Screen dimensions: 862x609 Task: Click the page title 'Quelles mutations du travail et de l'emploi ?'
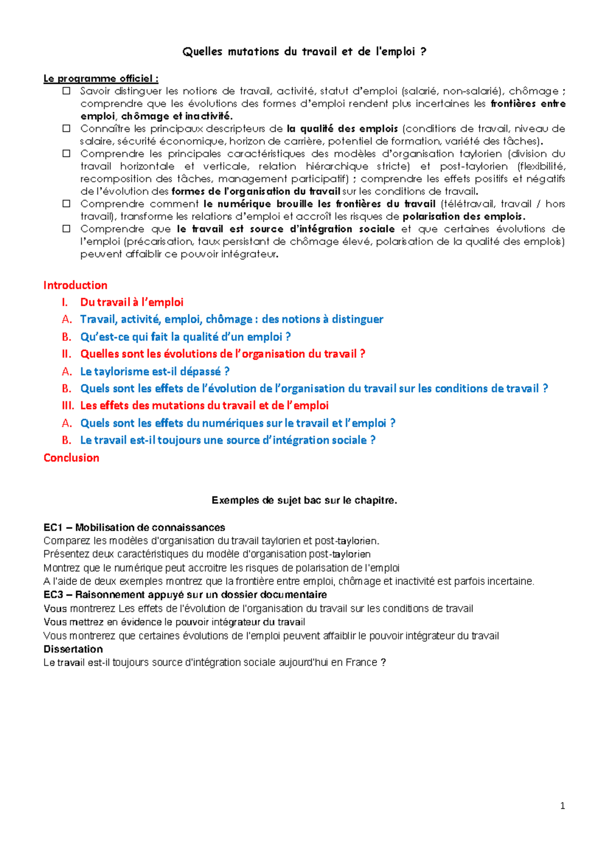pos(304,52)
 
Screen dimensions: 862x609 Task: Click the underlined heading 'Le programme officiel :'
pos(100,79)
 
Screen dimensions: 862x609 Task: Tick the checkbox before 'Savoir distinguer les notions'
pos(66,91)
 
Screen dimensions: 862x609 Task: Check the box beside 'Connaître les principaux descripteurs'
pos(66,128)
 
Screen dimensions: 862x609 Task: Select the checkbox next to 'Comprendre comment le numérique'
pos(66,204)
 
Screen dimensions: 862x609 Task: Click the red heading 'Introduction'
pos(75,285)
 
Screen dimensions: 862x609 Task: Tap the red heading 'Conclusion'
pos(71,458)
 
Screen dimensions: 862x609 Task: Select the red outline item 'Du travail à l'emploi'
pos(131,303)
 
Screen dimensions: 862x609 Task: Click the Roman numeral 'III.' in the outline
pos(67,406)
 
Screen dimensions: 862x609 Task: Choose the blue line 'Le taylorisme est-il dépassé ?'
pos(155,372)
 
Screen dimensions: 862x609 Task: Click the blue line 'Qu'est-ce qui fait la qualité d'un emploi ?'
pos(185,337)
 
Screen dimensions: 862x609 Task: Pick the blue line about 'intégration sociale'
pos(228,440)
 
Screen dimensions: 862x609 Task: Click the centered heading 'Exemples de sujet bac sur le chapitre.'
pos(304,501)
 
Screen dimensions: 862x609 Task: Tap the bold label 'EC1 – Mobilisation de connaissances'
pos(134,527)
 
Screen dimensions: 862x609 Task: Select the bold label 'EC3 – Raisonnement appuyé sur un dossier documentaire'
pos(185,594)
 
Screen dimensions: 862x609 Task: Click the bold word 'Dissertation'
pos(73,649)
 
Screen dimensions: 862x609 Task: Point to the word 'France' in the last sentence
pos(361,662)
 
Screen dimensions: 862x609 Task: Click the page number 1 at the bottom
pos(562,806)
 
